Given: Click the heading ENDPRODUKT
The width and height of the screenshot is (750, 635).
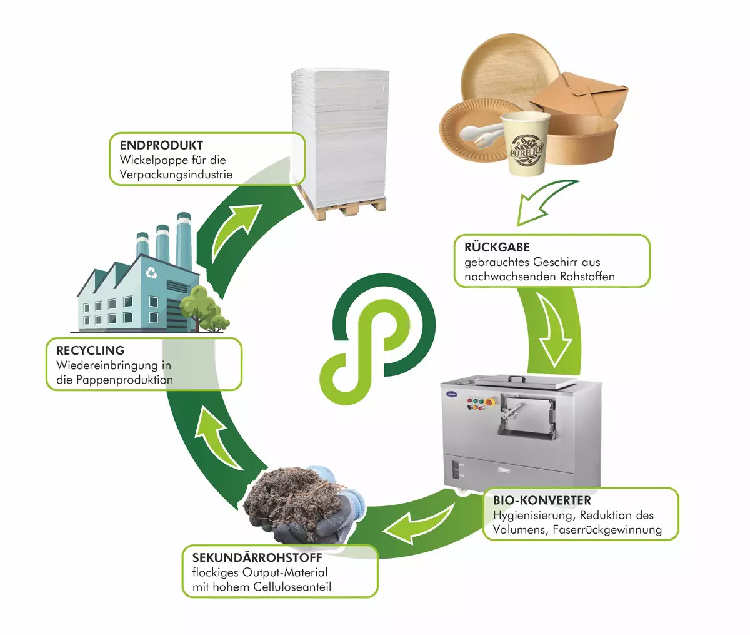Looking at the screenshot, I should click(161, 145).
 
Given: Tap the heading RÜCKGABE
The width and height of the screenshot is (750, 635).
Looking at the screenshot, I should click(497, 247).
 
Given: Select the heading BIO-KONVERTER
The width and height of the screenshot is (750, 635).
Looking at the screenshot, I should click(542, 500).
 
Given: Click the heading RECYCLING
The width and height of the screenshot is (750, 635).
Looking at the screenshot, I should click(91, 350).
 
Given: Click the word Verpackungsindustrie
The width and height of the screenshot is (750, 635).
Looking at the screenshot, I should click(176, 175).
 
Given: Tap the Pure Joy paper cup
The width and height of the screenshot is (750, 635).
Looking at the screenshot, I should click(527, 144).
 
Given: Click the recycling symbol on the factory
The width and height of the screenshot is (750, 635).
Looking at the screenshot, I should click(151, 272).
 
